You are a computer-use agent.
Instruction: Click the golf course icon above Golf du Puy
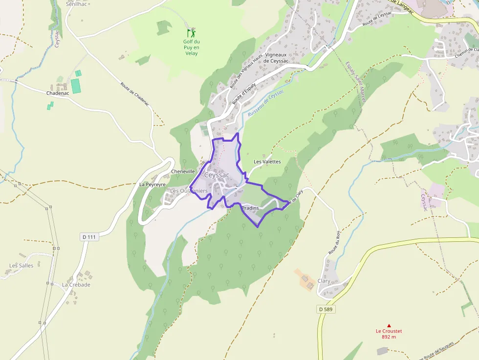coord(191,33)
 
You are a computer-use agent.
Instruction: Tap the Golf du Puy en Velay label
coord(191,47)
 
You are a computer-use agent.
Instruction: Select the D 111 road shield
coord(89,237)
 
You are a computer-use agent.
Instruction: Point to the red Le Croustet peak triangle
coord(389,325)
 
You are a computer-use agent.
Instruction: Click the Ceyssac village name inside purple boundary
coord(217,175)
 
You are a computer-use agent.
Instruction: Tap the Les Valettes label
coord(267,161)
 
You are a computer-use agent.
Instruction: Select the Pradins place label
coord(250,208)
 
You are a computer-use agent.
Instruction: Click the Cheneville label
coord(183,171)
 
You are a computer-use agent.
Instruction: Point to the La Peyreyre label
coord(152,185)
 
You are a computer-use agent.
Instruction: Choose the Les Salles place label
coord(22,266)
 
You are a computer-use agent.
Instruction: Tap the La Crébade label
coord(76,285)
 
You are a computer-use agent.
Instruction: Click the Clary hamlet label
coord(324,281)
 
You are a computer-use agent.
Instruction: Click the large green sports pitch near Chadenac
coord(75,85)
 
